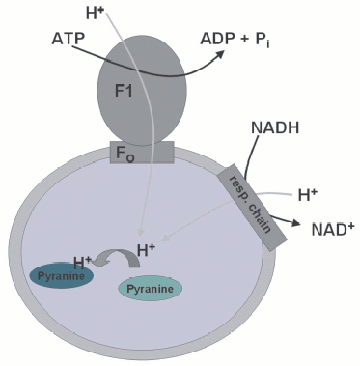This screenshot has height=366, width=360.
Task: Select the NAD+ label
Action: click(x=330, y=230)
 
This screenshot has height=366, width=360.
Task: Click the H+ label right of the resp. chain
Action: click(x=308, y=195)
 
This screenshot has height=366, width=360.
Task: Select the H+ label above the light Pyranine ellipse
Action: click(x=147, y=252)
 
